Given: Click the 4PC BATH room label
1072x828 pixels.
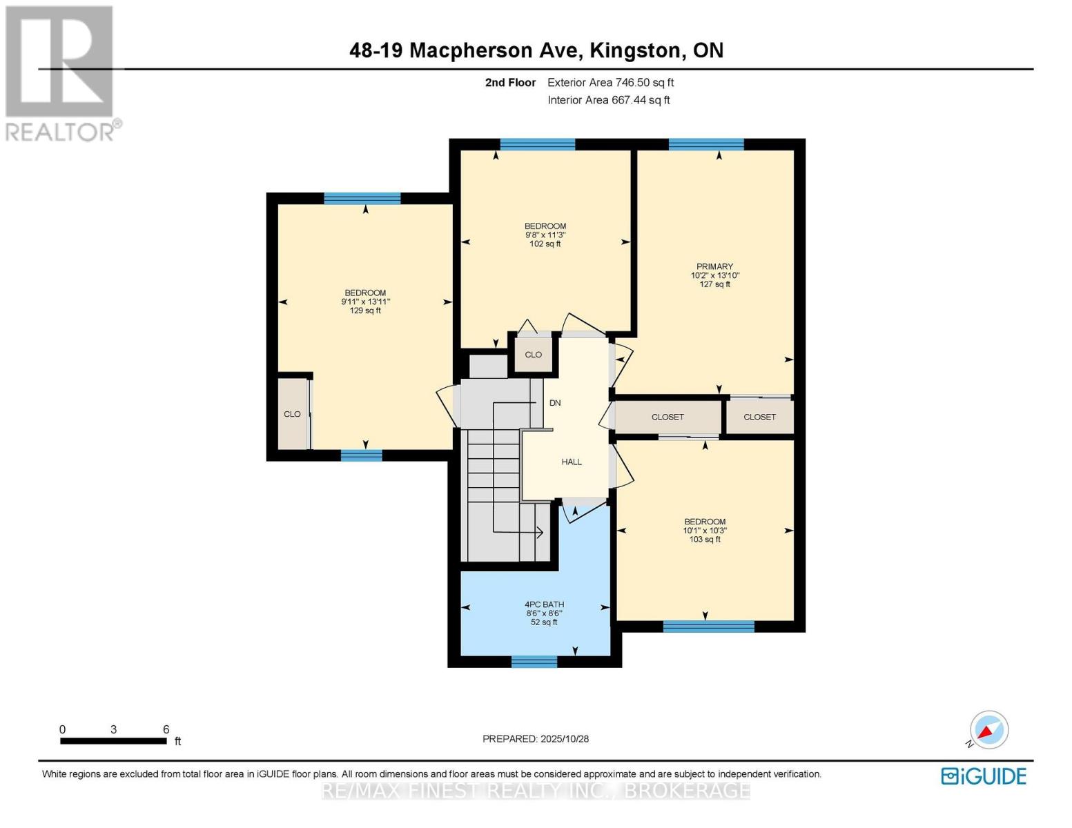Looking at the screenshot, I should [x=544, y=604].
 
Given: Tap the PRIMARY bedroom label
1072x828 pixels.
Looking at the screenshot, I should [x=714, y=266].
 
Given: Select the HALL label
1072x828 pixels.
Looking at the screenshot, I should [x=572, y=462].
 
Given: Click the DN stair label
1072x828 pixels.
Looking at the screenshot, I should [x=555, y=402].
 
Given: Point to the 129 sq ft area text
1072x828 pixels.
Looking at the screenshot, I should [x=365, y=310].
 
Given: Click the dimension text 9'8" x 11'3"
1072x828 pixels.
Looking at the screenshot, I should [x=545, y=235].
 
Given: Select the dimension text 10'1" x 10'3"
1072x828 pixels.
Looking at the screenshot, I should [x=705, y=531].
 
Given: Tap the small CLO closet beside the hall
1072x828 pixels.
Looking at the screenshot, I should [x=533, y=355].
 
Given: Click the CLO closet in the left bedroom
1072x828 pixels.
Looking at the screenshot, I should [x=292, y=414].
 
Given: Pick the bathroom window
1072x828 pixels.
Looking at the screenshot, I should [x=534, y=662].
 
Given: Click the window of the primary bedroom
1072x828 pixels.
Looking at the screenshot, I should [x=705, y=144].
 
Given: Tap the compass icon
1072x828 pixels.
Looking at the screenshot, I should [x=988, y=730].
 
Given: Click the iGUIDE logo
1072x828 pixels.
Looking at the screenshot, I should [x=984, y=776].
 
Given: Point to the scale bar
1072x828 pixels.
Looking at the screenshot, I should [x=113, y=741].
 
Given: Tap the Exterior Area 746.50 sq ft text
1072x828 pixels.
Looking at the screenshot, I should [x=610, y=83].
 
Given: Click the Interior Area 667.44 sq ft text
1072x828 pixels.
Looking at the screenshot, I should [x=608, y=100].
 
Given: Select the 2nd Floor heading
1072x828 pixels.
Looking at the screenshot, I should [x=510, y=83].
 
